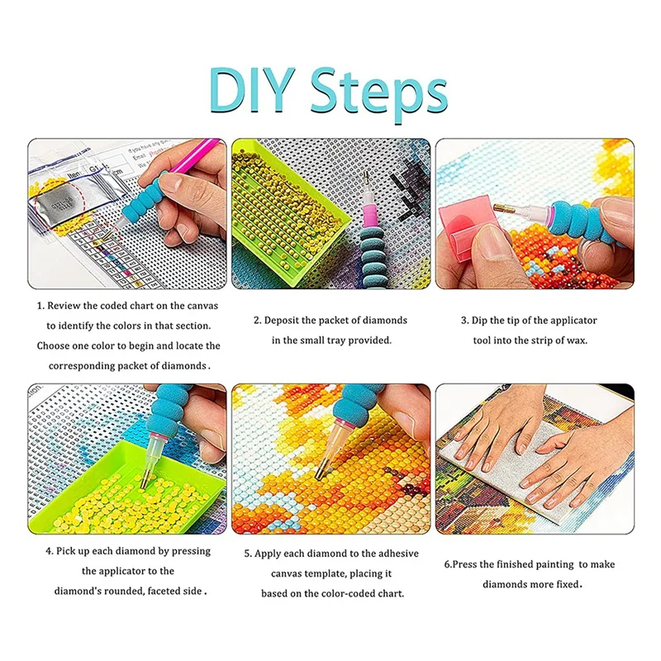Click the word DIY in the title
[x=252, y=90]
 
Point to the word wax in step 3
[x=577, y=340]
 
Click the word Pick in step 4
[x=65, y=551]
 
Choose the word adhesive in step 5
[x=398, y=554]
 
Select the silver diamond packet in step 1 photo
[x=57, y=203]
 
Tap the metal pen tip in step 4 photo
[x=144, y=479]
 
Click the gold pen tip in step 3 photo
[x=503, y=208]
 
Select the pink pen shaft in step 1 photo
[x=195, y=155]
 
